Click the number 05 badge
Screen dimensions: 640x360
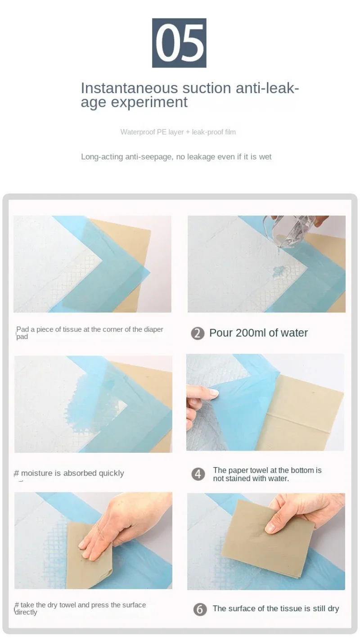coord(179,43)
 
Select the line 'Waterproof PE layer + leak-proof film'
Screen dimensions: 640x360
coord(178,132)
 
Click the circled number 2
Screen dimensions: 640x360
coord(198,334)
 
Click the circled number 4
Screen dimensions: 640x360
coord(198,474)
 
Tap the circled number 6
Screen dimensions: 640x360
coord(200,609)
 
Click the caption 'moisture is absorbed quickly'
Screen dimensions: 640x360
coord(72,473)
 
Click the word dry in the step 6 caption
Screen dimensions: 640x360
coord(333,608)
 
